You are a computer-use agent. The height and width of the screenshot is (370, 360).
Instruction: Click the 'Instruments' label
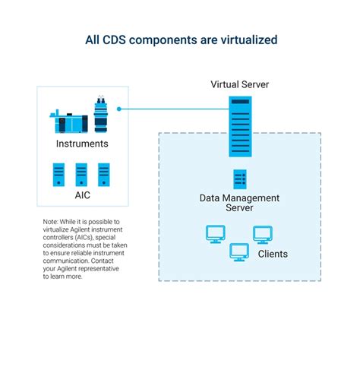82,144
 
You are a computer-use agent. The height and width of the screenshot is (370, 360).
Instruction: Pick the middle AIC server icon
81,175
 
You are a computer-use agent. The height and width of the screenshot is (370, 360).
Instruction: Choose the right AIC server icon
104,175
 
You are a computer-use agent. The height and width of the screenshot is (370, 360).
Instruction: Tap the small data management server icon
239,180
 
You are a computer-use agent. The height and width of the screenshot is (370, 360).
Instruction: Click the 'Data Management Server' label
239,203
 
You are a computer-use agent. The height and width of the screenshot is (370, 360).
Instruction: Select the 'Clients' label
273,254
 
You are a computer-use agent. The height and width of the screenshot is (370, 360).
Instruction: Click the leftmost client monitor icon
216,234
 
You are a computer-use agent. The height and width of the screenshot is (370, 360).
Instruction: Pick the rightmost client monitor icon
263,234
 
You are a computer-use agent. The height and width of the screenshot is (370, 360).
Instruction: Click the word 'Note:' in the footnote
52,222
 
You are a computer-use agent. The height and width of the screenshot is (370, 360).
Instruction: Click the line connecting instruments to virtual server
175,109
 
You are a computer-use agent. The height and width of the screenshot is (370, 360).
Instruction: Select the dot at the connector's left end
119,109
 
